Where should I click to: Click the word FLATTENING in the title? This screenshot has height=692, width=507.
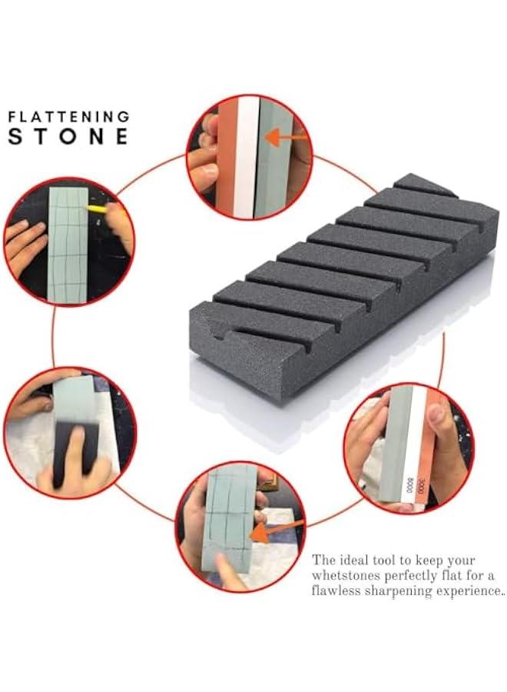68,116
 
